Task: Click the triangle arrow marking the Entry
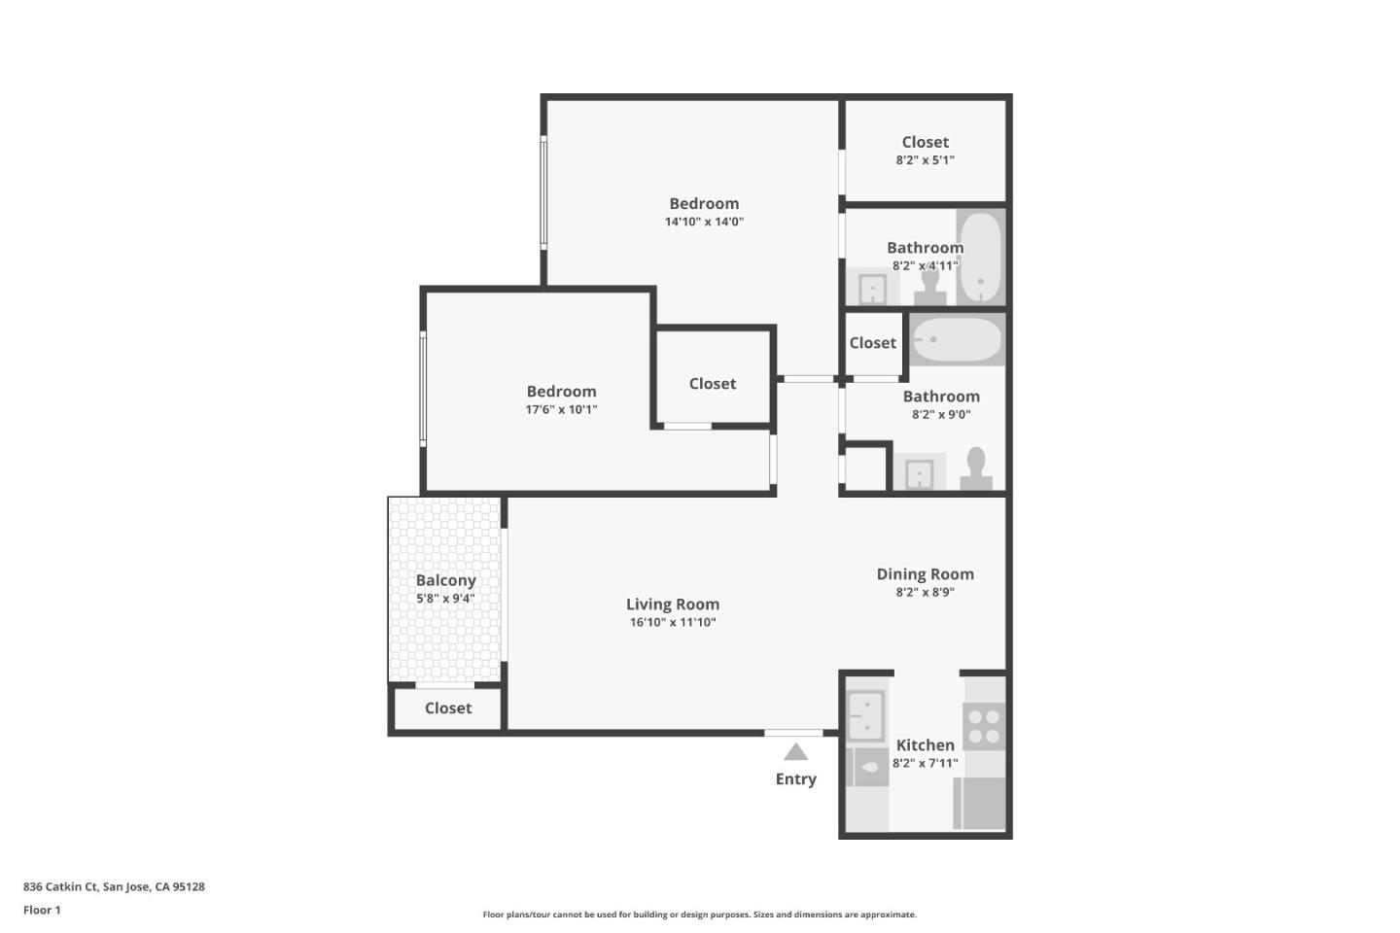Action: point(795,752)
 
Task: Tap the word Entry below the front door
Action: point(795,779)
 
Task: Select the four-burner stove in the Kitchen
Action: point(983,726)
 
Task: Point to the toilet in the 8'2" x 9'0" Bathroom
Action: point(976,468)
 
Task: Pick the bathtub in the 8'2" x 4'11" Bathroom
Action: point(980,258)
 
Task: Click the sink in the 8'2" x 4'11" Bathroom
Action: point(872,289)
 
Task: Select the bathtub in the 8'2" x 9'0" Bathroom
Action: point(957,339)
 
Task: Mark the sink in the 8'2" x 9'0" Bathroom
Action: point(919,474)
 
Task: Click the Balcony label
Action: point(446,580)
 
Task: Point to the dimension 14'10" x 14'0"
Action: point(704,222)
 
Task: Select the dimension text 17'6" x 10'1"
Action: point(561,410)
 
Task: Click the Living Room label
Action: point(672,605)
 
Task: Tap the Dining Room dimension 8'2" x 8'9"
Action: point(925,592)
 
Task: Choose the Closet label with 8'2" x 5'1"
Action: point(925,142)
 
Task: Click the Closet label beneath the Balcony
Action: point(448,708)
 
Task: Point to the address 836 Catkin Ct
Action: point(114,886)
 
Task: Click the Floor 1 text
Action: point(42,911)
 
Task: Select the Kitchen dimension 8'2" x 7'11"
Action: point(925,763)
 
